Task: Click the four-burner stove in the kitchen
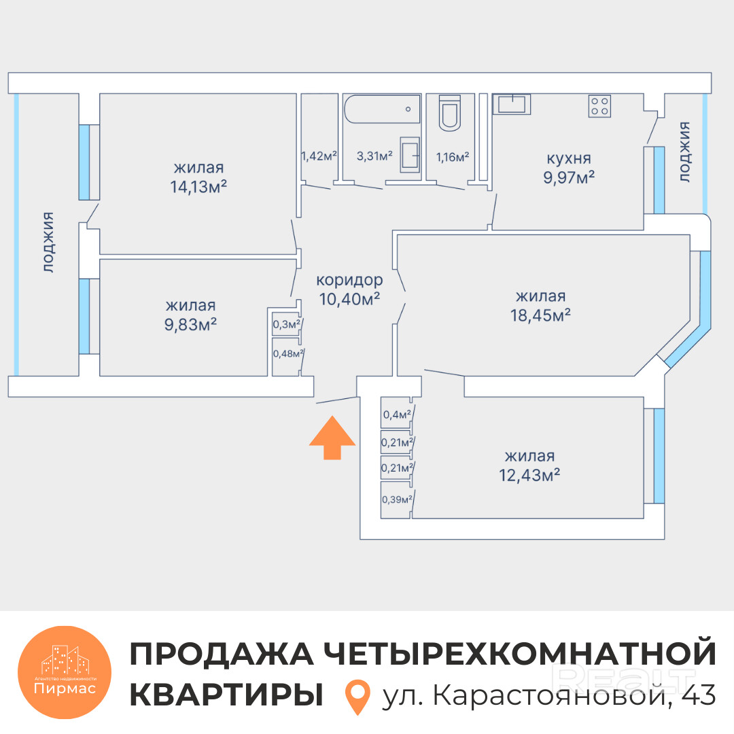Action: point(599,106)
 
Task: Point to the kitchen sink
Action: point(512,104)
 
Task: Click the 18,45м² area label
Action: point(541,315)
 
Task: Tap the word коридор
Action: point(349,279)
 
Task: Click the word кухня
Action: point(568,159)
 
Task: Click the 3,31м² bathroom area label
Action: point(374,156)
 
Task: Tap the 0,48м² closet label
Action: point(287,353)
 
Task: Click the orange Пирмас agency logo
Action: point(65,670)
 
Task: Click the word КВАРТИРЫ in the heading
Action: point(226,695)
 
